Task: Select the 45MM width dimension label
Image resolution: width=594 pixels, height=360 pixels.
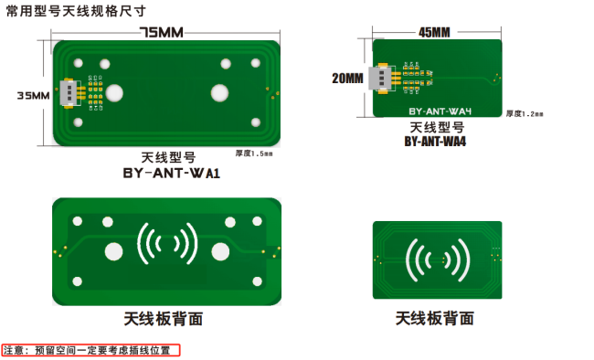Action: (434, 32)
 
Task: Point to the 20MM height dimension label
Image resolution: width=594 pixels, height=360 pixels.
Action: (347, 79)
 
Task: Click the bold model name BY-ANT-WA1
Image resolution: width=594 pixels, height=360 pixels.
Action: (173, 171)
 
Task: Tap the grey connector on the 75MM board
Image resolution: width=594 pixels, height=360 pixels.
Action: (69, 92)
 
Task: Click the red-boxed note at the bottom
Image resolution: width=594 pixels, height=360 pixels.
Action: (91, 350)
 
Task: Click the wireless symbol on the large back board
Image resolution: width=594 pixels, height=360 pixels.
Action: (165, 244)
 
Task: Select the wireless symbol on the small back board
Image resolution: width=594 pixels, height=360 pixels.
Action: (437, 259)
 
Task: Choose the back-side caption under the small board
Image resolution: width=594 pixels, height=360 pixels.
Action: (435, 319)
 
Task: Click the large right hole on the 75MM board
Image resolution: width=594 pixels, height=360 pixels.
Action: (219, 92)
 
